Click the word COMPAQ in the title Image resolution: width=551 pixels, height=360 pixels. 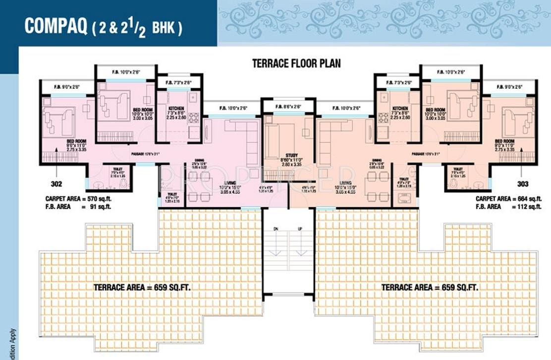pos(55,26)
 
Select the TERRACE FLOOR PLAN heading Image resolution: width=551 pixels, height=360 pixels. pos(296,63)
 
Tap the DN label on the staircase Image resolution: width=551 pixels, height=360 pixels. pos(276,229)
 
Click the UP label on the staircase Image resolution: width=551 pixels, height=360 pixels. pos(299,229)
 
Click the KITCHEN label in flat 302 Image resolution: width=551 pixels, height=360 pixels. pos(176,108)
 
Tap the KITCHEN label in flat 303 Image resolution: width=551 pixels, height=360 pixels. pos(400,108)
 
